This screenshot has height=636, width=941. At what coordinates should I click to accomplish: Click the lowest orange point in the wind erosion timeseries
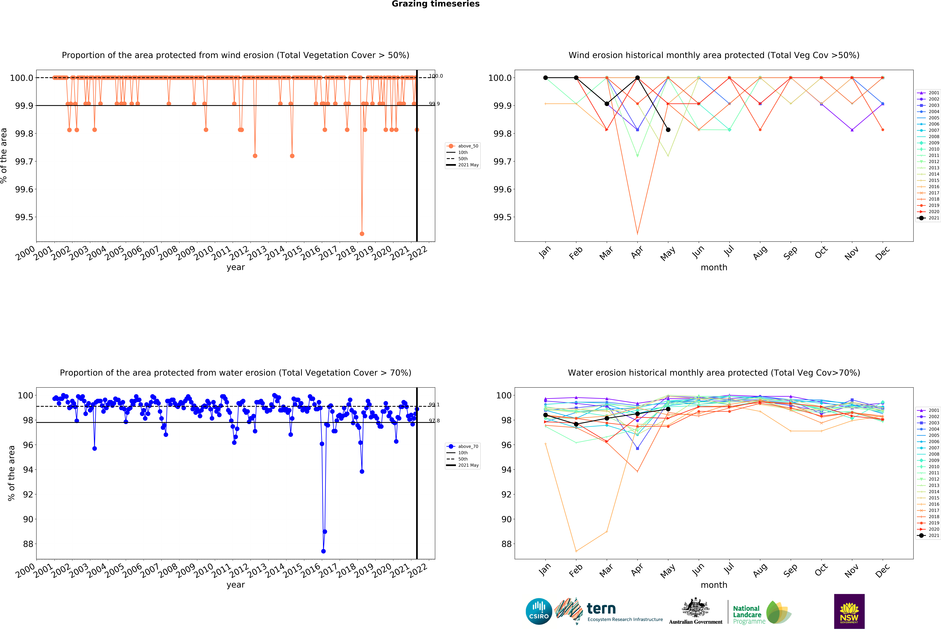coord(362,234)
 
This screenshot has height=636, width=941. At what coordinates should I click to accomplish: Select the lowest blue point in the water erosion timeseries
coord(323,551)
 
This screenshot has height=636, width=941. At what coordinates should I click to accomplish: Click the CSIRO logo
coord(539,611)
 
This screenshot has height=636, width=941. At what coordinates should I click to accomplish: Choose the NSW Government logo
coord(849,611)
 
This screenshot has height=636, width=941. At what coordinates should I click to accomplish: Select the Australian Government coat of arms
coord(695,607)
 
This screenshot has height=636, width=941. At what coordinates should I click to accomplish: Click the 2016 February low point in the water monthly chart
coord(576,551)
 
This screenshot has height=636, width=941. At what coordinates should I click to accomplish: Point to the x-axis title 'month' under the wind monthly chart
coord(714,268)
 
